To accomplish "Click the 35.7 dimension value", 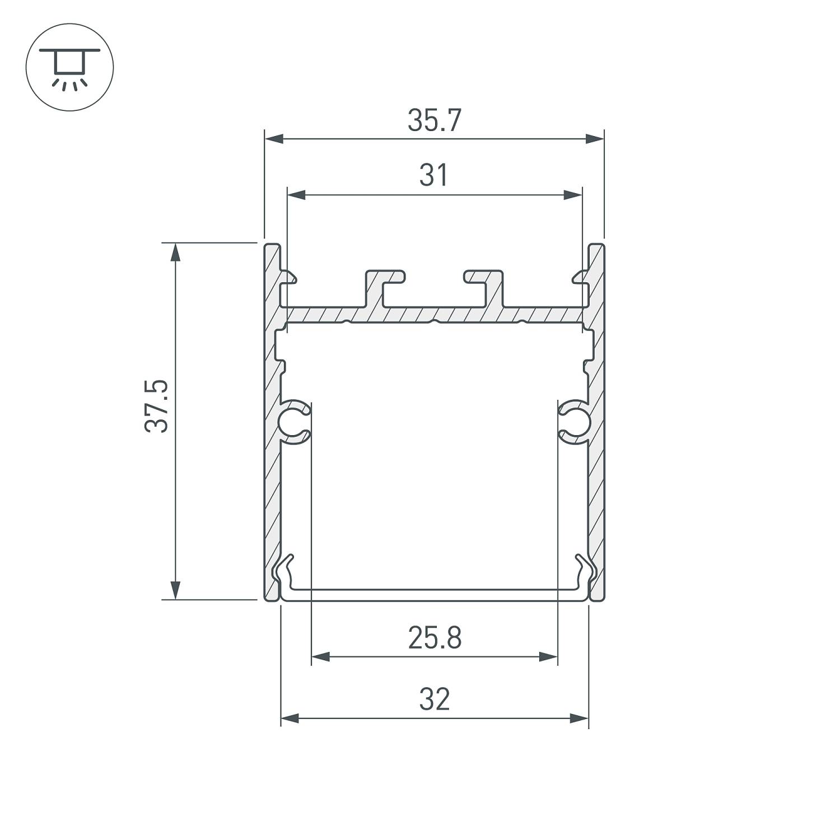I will pos(434,121).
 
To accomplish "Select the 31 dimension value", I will pos(434,176).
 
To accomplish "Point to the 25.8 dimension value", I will pos(435,638).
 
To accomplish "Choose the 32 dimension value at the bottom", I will pos(435,699).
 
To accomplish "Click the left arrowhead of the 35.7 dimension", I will pos(274,139).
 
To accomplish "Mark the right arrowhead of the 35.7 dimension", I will pos(595,139).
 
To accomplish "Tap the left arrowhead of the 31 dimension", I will pos(296,195).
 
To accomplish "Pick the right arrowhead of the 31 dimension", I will pos(572,195).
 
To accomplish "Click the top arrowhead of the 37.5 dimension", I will pos(175,253).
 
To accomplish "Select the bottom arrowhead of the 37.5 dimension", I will pos(175,590).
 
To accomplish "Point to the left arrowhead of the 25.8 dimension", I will pos(320,657).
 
